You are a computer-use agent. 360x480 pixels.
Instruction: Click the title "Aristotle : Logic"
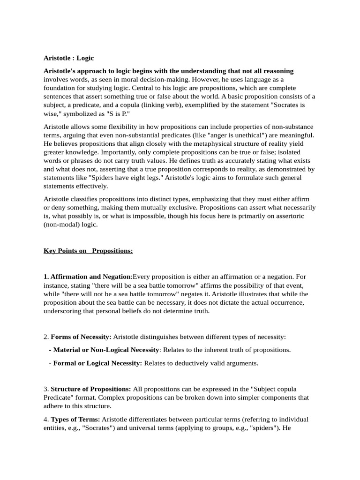pyautogui.click(x=69, y=58)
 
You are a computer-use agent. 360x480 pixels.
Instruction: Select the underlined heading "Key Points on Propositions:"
pyautogui.click(x=88, y=251)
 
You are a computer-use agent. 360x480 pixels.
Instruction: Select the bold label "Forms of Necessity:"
pyautogui.click(x=81, y=337)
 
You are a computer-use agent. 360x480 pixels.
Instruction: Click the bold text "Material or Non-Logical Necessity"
pyautogui.click(x=106, y=350)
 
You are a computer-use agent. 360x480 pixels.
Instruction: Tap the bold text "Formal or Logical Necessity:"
pyautogui.click(x=97, y=363)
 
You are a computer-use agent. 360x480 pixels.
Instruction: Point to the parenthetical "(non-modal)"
pyautogui.click(x=61, y=224)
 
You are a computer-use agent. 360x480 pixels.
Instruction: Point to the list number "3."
pyautogui.click(x=46, y=389)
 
